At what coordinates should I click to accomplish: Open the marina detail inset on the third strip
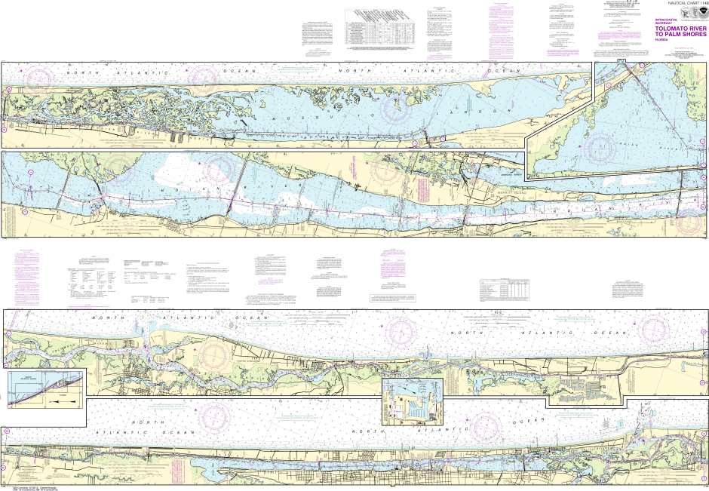pyautogui.click(x=413, y=402)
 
